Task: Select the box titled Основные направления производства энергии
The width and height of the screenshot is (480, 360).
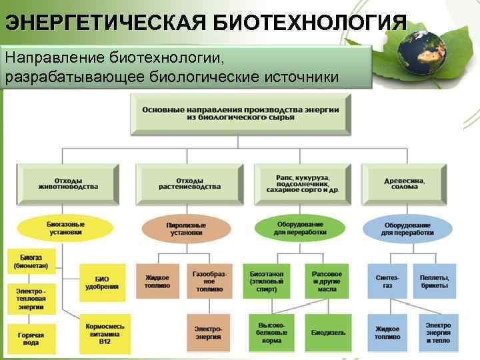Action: click(241, 114)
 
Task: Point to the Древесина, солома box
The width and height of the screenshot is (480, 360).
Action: click(405, 182)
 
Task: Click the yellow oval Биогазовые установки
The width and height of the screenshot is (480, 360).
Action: click(65, 228)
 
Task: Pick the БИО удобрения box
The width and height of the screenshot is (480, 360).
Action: click(101, 282)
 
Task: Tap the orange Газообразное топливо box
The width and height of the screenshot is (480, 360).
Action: click(209, 281)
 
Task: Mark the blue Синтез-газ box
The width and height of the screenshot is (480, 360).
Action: click(387, 281)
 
